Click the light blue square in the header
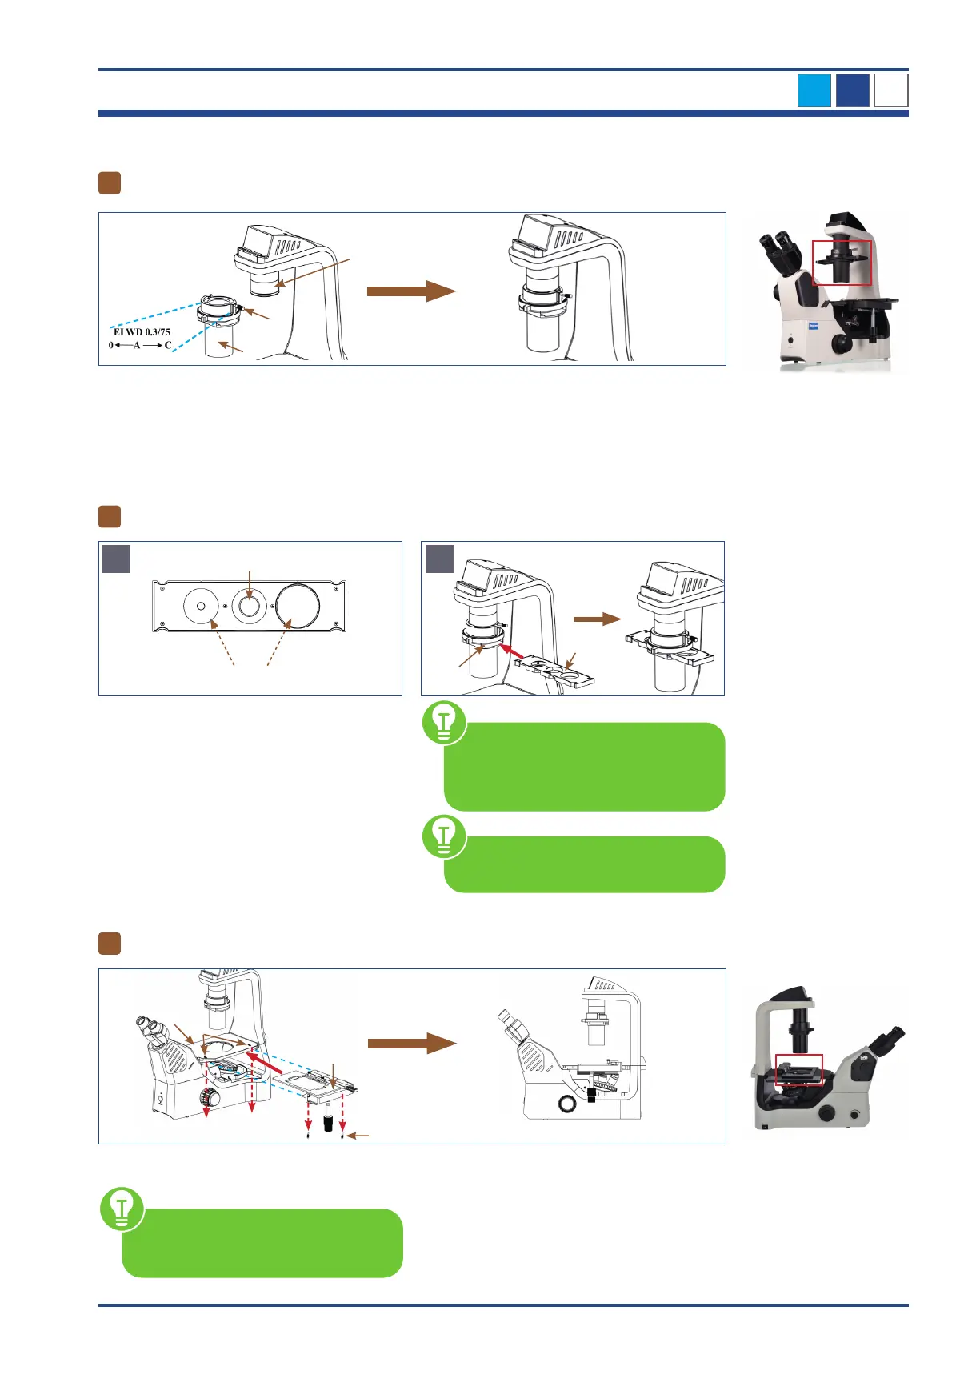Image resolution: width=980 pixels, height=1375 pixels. (814, 90)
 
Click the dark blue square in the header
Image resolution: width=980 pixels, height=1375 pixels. (853, 90)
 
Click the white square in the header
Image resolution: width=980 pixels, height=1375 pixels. (891, 90)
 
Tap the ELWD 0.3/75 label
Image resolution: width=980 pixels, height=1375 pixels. (142, 332)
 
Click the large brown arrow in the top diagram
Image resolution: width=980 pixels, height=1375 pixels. (410, 291)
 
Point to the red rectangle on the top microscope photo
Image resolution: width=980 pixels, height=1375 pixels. (842, 263)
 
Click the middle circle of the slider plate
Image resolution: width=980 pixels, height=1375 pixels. (249, 607)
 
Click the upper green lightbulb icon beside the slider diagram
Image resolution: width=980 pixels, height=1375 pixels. (444, 722)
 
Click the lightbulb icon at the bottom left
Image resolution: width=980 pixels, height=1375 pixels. (122, 1209)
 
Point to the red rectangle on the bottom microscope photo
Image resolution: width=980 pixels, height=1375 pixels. (798, 1069)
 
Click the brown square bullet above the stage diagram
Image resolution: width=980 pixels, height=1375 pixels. (110, 944)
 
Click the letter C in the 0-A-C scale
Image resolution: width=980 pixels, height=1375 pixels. (168, 346)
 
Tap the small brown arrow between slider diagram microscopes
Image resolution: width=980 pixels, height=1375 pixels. (597, 619)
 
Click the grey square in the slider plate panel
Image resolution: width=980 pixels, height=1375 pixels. (117, 559)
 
